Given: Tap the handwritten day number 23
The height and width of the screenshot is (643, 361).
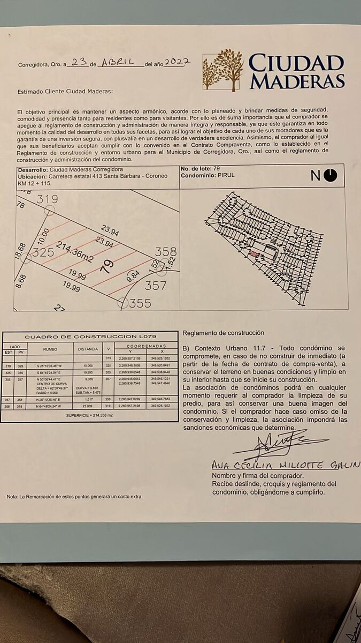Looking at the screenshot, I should [79, 62].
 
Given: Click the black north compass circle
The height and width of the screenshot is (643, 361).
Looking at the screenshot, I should [331, 175].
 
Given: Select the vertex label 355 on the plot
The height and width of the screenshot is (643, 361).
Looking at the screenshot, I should [140, 303].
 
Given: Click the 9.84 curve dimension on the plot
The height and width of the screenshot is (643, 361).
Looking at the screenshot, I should [133, 276].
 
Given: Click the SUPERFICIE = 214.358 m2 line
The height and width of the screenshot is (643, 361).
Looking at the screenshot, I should [90, 416].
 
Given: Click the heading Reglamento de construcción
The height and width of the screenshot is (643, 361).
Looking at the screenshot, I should [224, 333].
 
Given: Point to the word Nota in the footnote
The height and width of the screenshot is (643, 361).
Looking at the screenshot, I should [11, 497].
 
